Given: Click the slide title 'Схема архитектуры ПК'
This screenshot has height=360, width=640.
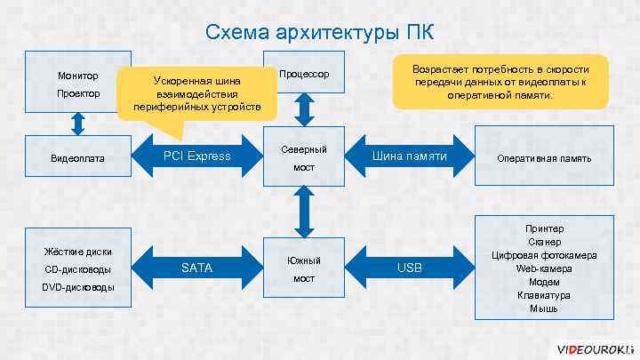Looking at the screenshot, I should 320,33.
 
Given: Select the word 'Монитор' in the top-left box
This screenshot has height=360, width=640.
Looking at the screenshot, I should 78,75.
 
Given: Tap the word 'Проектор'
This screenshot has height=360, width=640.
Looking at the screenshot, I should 78,93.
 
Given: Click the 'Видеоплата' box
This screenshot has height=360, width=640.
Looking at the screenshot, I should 78,158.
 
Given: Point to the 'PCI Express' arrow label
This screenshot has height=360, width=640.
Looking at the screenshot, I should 196,156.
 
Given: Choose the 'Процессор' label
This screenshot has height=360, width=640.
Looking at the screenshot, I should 304,73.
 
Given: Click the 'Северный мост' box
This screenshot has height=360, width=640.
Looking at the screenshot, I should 304,157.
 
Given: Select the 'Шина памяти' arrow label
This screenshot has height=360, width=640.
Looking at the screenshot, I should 409,156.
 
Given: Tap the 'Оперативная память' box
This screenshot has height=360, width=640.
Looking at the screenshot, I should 544,158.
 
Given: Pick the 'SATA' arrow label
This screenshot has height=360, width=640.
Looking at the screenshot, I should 196,267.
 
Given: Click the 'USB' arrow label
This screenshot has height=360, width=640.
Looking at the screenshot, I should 410,267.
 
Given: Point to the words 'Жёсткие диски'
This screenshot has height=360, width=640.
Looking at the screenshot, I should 77,251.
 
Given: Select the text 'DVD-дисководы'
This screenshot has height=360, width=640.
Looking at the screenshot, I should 77,287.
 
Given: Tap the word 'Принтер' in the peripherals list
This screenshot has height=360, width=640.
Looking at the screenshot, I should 544,228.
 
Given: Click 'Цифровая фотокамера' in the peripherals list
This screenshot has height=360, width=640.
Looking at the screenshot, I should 544,255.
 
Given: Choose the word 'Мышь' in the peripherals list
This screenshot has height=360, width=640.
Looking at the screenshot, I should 544,308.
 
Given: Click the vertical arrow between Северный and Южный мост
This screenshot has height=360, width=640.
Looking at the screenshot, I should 304,212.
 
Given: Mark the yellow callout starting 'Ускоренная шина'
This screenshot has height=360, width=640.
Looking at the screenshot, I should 197,93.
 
